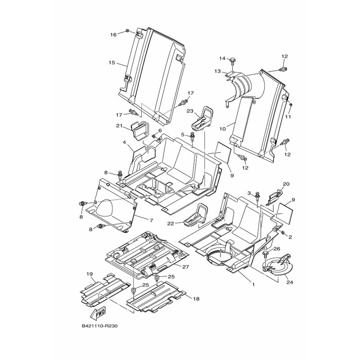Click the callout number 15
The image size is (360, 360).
(x=112, y=63)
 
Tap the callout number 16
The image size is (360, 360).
(x=113, y=34)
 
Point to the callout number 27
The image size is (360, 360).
(x=184, y=266)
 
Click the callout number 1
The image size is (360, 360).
(x=253, y=285)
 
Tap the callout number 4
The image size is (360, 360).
(x=124, y=142)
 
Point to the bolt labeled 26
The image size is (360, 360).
(x=265, y=256)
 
